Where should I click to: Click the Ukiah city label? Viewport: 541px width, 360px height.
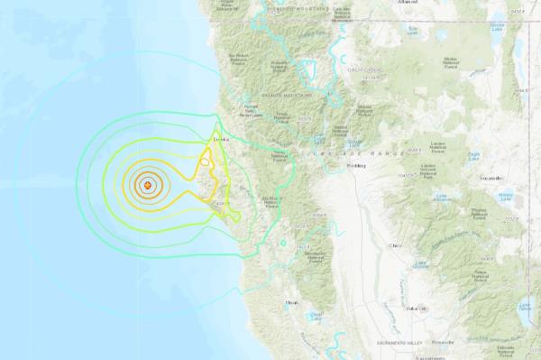tap(290, 302)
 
